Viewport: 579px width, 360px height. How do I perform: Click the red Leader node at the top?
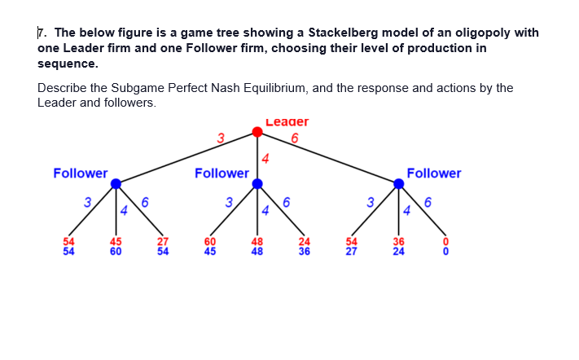(x=257, y=131)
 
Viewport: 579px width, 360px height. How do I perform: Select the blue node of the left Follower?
(x=116, y=184)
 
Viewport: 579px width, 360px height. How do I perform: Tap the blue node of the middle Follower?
(x=257, y=184)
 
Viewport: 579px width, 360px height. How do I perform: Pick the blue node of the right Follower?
(x=398, y=184)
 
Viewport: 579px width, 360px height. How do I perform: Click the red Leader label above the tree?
(x=287, y=122)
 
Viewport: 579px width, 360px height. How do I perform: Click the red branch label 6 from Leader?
(x=294, y=138)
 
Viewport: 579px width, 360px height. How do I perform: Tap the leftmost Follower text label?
(x=81, y=173)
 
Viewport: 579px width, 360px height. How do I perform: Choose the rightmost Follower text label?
(x=433, y=173)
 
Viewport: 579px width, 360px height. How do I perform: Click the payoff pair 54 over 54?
(x=69, y=246)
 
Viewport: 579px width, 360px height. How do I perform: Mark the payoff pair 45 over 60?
(x=116, y=246)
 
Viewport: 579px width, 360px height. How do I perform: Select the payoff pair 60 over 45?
(x=210, y=246)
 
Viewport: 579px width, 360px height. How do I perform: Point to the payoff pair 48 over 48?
(x=257, y=246)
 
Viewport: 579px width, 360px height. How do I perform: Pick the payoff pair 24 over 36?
(x=304, y=246)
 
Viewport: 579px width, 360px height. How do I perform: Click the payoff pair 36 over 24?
(x=398, y=246)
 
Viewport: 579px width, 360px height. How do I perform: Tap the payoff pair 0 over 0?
(x=445, y=246)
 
